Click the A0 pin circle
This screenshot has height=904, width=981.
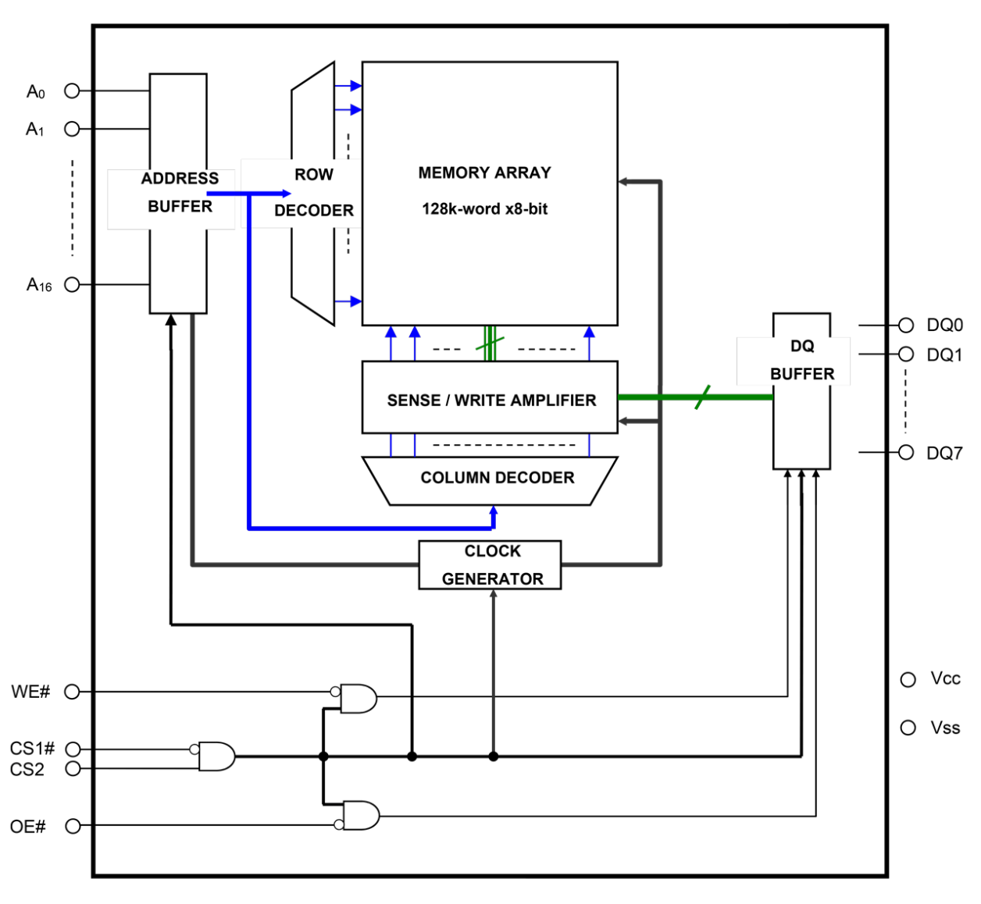(72, 91)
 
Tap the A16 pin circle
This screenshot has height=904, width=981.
(72, 285)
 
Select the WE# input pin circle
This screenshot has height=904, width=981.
(72, 692)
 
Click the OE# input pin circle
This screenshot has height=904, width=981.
(72, 826)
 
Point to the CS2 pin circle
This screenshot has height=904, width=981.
(72, 769)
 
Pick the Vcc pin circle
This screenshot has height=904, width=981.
(908, 680)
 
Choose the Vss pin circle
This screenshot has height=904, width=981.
(908, 728)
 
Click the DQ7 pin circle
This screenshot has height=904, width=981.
(906, 453)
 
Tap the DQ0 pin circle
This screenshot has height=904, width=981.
(906, 325)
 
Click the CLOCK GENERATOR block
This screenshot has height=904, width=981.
(490, 565)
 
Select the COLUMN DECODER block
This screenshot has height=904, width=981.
(490, 479)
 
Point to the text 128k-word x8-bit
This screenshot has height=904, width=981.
(484, 209)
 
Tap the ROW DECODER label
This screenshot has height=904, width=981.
(313, 192)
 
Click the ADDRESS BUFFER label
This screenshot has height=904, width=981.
(180, 192)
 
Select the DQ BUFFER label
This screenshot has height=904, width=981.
(802, 361)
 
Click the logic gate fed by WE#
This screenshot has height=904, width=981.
(359, 699)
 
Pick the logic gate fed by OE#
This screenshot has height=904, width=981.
(360, 815)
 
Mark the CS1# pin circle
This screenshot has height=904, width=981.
(72, 749)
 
